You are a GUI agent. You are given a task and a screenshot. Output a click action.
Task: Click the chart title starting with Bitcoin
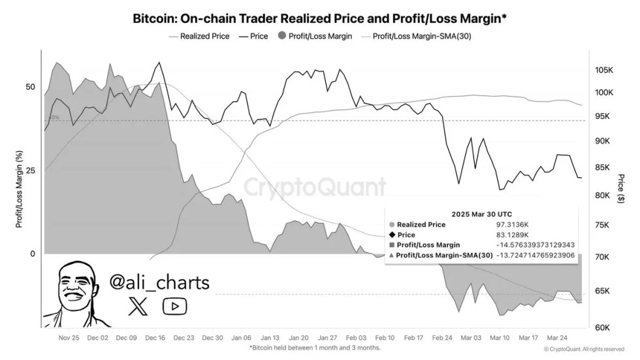point(319,18)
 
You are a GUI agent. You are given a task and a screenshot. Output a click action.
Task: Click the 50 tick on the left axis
point(29,87)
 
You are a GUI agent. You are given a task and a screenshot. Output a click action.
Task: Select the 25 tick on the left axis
point(29,170)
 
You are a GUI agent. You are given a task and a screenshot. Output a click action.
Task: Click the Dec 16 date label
point(155,338)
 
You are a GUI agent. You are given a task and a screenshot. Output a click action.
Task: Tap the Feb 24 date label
point(442,338)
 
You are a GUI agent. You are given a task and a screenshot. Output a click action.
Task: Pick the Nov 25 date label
point(69,338)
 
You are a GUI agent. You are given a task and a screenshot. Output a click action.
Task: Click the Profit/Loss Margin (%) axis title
point(19,189)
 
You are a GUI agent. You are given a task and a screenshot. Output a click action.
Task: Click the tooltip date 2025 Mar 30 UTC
point(482,214)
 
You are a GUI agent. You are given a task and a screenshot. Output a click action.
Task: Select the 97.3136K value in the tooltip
point(512,224)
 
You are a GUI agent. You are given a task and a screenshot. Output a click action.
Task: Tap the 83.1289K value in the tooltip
point(512,235)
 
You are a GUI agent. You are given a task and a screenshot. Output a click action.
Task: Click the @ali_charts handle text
point(159,283)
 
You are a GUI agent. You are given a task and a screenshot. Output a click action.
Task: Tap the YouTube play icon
point(174,306)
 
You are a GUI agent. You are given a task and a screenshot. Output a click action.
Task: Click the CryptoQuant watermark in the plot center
point(315,188)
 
